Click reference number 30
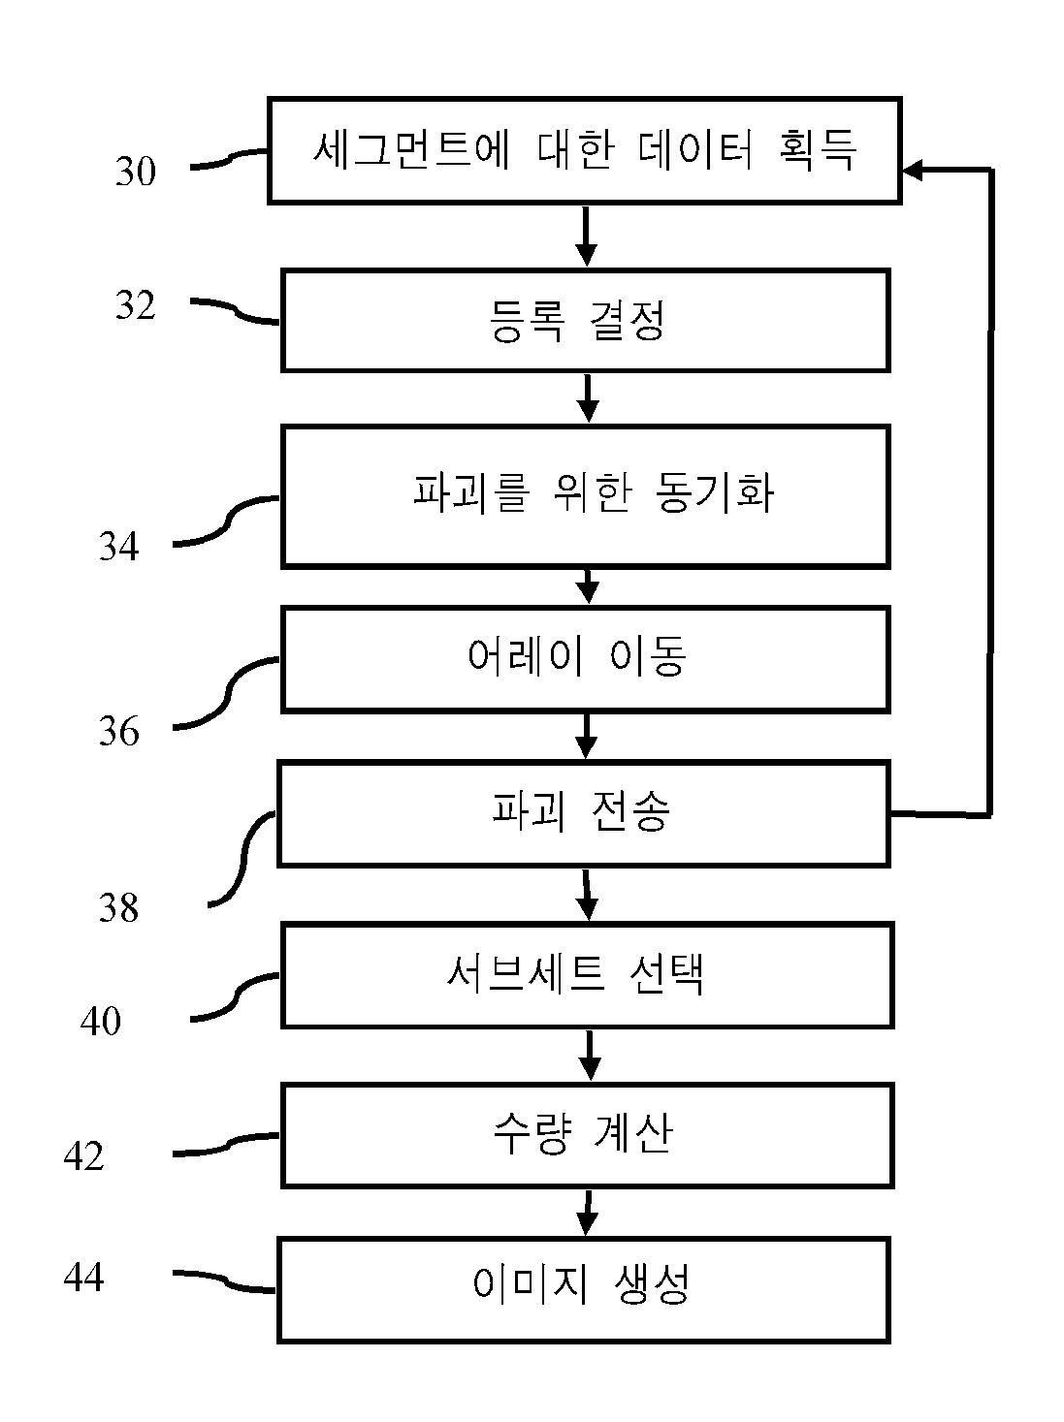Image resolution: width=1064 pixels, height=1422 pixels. click(x=136, y=172)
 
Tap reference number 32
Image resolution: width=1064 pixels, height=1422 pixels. click(x=136, y=305)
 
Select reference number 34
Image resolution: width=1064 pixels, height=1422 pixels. click(x=119, y=546)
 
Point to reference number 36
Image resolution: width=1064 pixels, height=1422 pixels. click(x=119, y=732)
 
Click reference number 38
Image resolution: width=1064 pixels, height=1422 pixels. click(x=119, y=907)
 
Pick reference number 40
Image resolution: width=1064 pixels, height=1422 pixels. click(x=101, y=1021)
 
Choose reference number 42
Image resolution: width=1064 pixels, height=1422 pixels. click(x=84, y=1156)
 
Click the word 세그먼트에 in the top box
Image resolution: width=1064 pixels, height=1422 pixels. click(x=412, y=149)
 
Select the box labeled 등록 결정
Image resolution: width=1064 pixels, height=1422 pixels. click(x=586, y=321)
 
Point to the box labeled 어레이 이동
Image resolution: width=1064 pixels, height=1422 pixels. click(x=586, y=659)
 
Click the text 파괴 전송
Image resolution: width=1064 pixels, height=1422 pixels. click(x=581, y=811)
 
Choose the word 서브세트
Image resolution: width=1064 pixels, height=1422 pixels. click(x=526, y=973)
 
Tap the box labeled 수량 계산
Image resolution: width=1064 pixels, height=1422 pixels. click(x=588, y=1135)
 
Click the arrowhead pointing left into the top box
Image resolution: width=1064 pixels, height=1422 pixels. click(x=911, y=170)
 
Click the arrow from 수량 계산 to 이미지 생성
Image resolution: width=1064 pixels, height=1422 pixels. click(x=587, y=1212)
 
